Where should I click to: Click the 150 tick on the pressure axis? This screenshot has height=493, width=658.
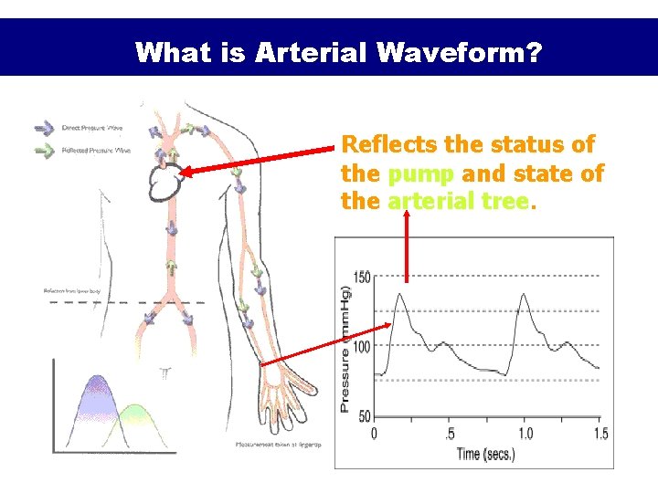(x=361, y=277)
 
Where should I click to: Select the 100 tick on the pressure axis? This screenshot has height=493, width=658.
(x=361, y=347)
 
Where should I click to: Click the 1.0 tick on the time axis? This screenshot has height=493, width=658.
(x=525, y=434)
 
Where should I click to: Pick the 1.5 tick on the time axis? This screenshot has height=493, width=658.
(x=600, y=434)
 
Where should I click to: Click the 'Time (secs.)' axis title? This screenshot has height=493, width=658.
(x=486, y=454)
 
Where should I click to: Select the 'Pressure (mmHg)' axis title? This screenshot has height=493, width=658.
(x=346, y=347)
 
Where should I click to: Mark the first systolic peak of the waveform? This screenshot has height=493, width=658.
(x=399, y=295)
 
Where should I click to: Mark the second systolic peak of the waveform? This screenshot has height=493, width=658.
(x=524, y=294)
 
